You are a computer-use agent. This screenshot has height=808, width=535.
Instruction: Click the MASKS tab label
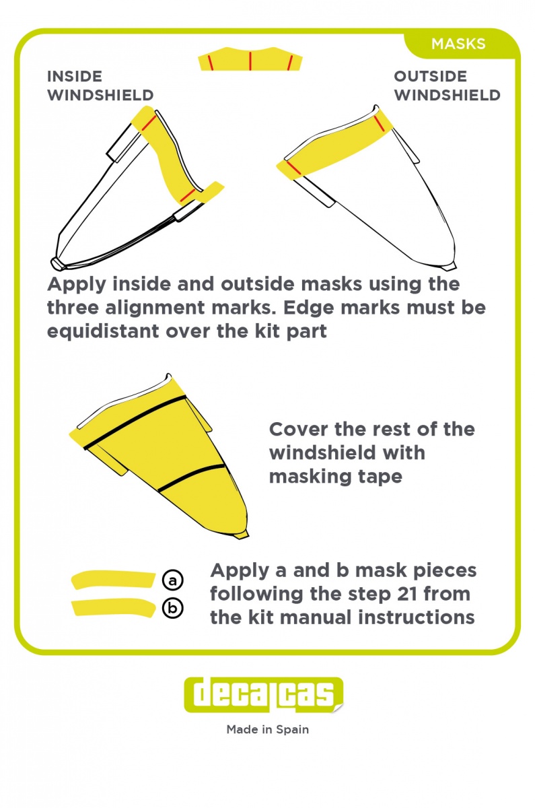pos(458,44)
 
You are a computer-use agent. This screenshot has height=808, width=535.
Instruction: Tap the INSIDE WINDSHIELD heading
pos(100,86)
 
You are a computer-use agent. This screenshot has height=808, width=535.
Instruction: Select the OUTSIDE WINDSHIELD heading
pos(447,86)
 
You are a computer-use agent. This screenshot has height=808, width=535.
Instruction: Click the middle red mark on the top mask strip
pos(250,60)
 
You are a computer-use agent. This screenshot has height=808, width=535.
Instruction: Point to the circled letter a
pos(173,580)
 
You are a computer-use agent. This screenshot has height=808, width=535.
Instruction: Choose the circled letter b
pos(173,608)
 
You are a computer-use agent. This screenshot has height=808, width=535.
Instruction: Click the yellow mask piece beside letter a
pos(113,579)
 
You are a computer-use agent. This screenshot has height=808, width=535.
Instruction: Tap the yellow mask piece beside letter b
pos(113,607)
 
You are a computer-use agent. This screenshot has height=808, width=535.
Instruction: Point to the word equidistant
pos(103,331)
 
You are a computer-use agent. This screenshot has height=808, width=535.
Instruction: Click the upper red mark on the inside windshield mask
pos(149,123)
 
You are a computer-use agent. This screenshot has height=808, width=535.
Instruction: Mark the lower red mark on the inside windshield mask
pos(188,195)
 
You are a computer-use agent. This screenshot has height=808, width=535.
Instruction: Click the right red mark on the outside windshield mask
pos(379,123)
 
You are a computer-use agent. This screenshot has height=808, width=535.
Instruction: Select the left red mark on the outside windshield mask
pos(294,168)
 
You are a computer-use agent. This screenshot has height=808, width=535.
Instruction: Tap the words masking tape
pos(336,477)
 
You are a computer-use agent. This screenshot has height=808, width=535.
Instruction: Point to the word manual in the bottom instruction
pos(316,617)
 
